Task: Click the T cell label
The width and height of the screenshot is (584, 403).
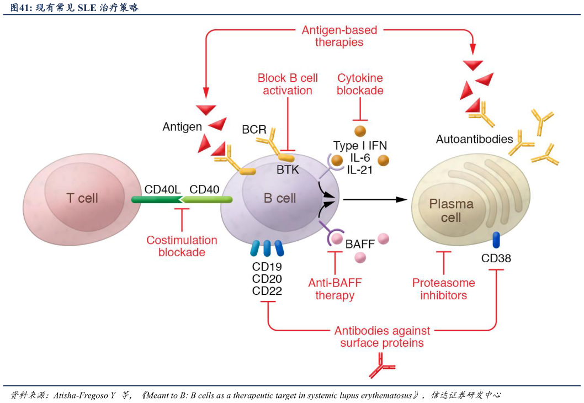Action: point(82,198)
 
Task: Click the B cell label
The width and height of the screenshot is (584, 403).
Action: point(280,198)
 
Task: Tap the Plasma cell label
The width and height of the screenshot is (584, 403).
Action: point(451,210)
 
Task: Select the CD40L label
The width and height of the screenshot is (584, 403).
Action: point(162,189)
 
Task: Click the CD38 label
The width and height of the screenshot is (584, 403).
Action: point(496,258)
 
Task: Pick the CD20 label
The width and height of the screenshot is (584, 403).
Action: point(267,279)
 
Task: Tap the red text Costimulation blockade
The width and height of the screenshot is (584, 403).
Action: point(182,246)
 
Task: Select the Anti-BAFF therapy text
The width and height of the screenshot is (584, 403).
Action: point(335,289)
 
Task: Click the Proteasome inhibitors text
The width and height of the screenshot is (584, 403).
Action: point(444,289)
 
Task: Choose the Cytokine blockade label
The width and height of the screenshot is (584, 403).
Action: point(360,84)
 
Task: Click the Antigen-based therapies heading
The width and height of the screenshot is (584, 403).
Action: point(339,36)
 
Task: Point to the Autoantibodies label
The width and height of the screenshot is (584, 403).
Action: point(474,139)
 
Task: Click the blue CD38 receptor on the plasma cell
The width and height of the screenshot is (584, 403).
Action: point(496,240)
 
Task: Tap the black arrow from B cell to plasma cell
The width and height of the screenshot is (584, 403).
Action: point(375,199)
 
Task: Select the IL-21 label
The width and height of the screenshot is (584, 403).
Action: point(359,170)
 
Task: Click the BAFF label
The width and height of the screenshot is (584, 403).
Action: point(360,243)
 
